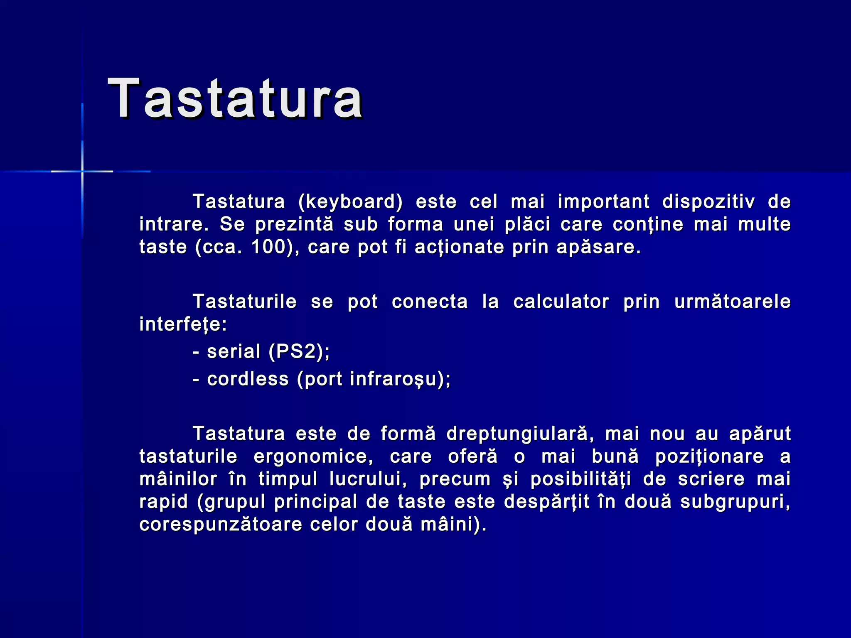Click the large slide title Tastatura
click(235, 99)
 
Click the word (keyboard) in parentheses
click(350, 202)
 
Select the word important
click(603, 202)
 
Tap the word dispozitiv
click(708, 202)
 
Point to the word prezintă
click(294, 225)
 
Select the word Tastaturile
click(245, 302)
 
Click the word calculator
click(561, 302)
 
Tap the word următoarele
click(732, 302)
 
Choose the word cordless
click(248, 379)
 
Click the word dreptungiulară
click(517, 434)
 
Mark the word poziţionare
click(709, 456)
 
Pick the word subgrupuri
click(735, 502)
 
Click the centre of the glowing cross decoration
click(82, 171)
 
